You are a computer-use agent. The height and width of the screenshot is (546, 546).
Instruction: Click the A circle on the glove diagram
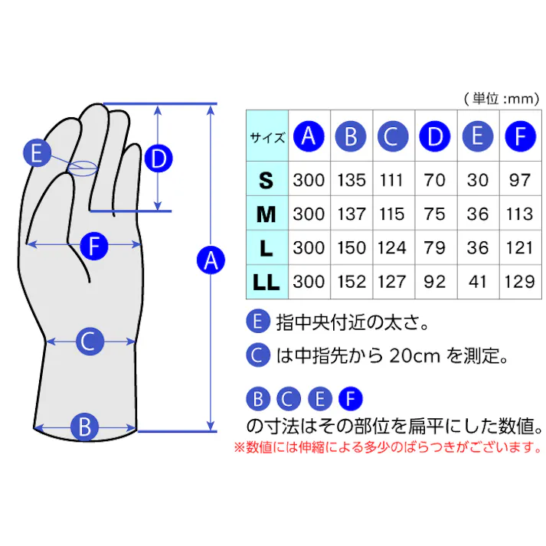210,260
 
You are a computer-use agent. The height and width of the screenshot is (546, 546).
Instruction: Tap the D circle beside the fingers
159,159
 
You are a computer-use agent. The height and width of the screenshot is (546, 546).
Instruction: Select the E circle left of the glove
37,153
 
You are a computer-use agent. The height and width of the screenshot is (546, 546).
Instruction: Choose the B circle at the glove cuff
85,427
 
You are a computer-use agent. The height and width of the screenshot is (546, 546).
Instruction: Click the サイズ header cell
267,138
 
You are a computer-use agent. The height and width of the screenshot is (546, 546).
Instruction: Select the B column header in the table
351,137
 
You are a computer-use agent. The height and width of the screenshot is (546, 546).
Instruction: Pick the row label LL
266,283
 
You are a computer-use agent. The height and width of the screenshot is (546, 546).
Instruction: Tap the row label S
266,181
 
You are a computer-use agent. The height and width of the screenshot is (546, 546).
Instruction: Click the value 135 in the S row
351,181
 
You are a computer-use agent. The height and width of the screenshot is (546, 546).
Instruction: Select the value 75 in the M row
435,214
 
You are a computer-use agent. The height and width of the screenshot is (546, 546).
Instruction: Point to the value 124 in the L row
392,248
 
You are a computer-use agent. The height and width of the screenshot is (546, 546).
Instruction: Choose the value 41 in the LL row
478,283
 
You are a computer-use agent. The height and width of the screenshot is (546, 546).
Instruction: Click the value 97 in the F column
520,181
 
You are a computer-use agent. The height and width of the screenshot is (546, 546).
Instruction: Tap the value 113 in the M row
520,214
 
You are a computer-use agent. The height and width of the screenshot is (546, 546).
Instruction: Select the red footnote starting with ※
387,447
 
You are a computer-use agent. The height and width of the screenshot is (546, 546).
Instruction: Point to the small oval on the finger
82,168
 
